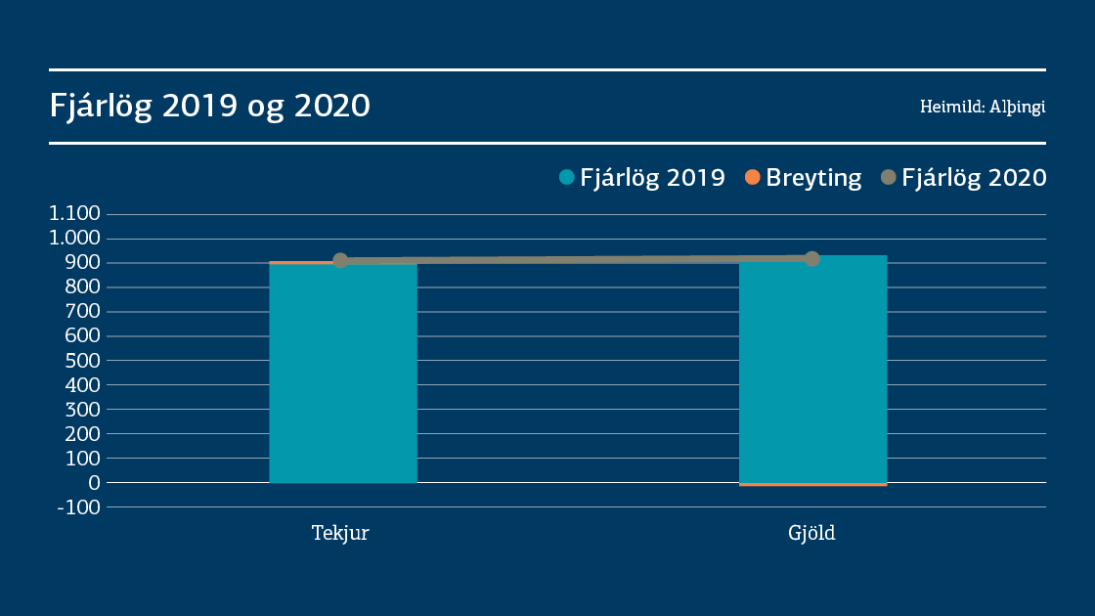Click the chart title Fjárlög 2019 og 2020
coord(210,106)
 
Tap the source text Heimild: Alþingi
coord(983,107)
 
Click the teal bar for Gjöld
coord(812,372)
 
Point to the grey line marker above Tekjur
coord(340,261)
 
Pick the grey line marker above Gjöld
coord(811,259)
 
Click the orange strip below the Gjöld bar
coord(812,484)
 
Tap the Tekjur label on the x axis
coord(340,534)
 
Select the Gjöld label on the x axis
coord(812,535)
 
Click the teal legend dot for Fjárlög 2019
coord(566,178)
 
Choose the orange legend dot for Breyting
coord(752,178)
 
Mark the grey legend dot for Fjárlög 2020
coord(888,178)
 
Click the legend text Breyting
coord(813,178)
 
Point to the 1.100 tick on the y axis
coord(75,214)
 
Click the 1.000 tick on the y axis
coord(75,239)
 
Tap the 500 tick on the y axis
coord(81,361)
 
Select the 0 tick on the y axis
coord(94,483)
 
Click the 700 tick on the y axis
coord(81,312)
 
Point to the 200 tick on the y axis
coord(81,434)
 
